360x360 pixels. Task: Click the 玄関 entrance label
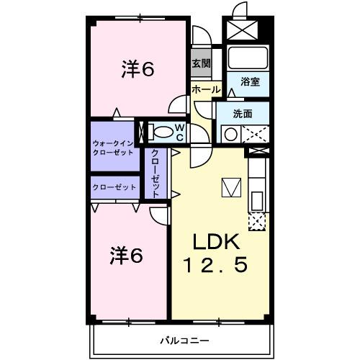point(201,63)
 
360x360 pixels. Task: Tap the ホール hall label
point(205,89)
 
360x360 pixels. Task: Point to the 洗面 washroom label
point(243,113)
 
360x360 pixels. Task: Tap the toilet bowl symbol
point(163,132)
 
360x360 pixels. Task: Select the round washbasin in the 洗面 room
point(231,134)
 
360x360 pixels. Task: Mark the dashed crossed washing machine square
point(256,133)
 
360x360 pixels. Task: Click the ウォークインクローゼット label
point(113,147)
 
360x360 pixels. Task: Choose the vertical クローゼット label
point(156,172)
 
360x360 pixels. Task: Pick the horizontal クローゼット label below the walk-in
point(114,186)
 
